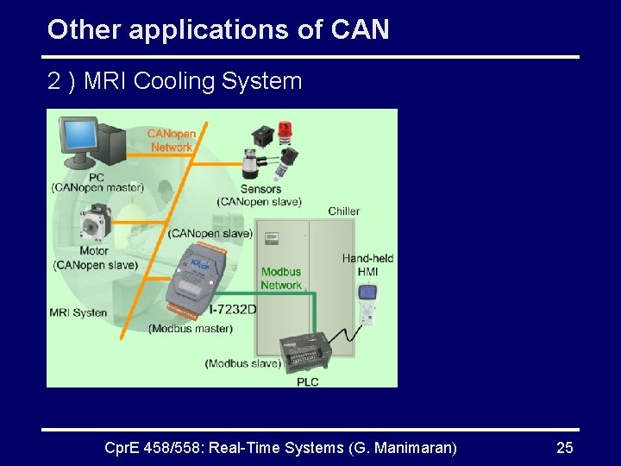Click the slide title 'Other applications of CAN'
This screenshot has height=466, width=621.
(218, 30)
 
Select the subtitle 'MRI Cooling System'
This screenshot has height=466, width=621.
(193, 81)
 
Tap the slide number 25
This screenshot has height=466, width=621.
(565, 447)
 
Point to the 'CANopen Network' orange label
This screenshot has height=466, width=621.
(172, 141)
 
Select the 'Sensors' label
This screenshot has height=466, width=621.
(260, 189)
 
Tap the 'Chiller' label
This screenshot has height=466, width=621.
(344, 211)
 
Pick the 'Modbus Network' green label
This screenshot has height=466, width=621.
(281, 279)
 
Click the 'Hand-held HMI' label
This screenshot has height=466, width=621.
(367, 265)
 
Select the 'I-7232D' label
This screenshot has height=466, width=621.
(233, 310)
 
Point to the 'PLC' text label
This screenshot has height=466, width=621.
(308, 381)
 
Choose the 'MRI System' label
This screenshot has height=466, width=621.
(78, 312)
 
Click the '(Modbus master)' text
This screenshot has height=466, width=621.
(191, 328)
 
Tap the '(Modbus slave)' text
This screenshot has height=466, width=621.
(243, 363)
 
